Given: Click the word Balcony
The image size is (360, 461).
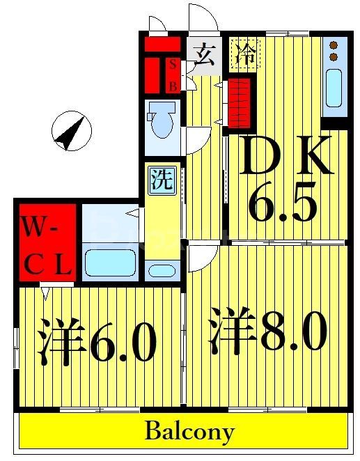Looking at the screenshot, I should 189,431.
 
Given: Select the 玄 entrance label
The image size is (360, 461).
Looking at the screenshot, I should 203,54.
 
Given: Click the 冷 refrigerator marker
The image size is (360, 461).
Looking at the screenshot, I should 245,54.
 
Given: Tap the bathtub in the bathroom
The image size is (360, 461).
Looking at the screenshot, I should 111,263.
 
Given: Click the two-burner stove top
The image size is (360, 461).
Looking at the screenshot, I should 333,50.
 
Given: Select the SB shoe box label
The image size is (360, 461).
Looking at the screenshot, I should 173,75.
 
